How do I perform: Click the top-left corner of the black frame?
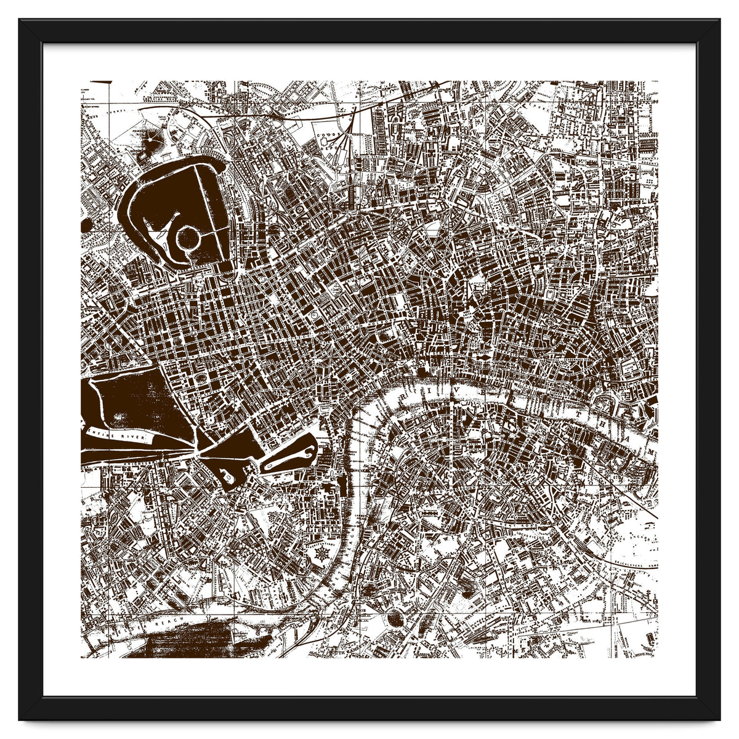point(20,20)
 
